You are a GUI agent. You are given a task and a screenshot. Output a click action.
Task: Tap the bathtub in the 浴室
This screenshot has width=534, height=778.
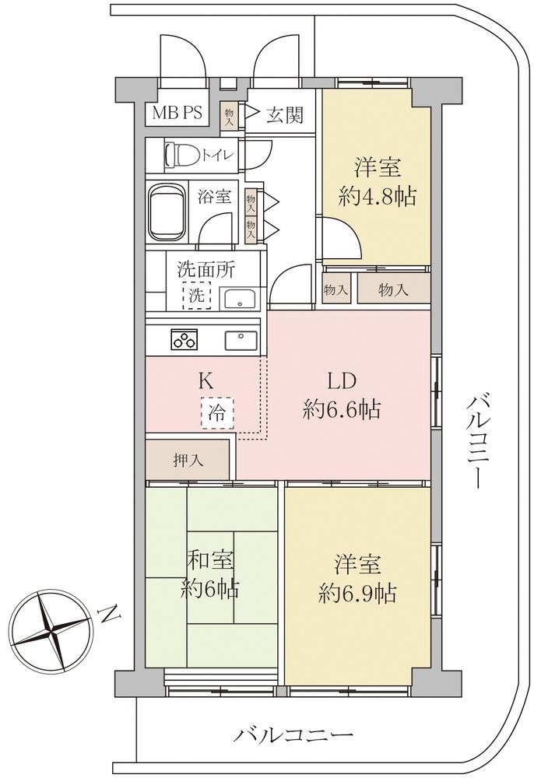[167, 212]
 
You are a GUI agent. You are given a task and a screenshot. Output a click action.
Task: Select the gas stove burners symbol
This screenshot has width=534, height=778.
[184, 340]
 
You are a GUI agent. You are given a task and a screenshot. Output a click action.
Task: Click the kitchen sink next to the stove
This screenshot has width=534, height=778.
[241, 341]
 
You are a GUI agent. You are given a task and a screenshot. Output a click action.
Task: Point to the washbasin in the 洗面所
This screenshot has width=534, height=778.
[240, 299]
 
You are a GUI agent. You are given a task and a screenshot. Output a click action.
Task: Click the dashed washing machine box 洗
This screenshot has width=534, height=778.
[196, 296]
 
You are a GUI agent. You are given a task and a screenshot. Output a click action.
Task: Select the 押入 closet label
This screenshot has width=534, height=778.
[188, 461]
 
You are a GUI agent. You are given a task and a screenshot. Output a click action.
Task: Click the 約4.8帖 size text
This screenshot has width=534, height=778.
[378, 198]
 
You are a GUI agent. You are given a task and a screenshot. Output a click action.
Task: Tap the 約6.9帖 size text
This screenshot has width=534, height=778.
[357, 593]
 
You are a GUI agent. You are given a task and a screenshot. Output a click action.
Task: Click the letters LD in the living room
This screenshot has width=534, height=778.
[342, 381]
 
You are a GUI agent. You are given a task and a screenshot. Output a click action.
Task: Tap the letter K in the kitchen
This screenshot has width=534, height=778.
[206, 381]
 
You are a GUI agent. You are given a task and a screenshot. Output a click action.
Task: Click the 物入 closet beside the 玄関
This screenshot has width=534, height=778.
[230, 117]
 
